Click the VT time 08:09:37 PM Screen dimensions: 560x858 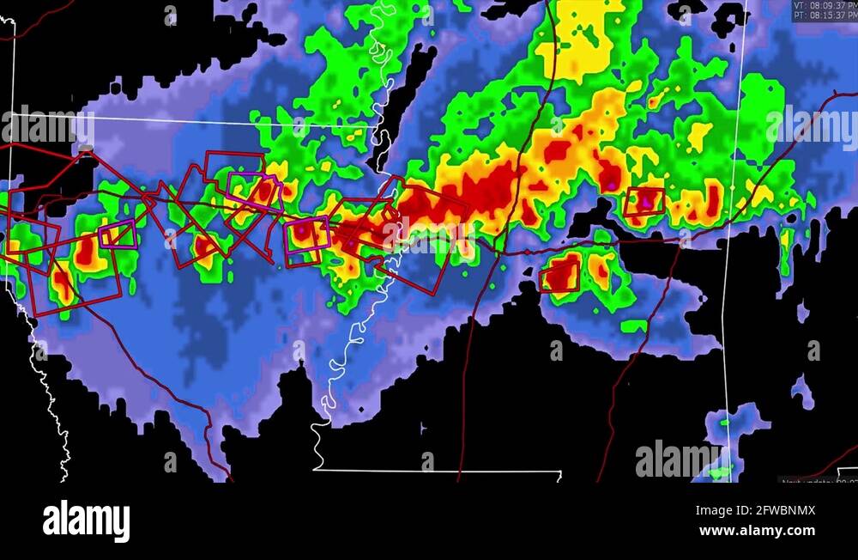[825, 5]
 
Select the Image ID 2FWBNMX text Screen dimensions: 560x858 [756, 510]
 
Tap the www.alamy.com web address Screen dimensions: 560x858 [758, 531]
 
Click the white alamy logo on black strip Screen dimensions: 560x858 [86, 521]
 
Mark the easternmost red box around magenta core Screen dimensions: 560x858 [643, 201]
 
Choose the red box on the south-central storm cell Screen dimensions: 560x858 [559, 277]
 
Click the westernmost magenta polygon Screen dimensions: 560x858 [118, 234]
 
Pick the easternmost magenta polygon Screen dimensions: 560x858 [306, 234]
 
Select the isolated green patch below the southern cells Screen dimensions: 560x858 [634, 326]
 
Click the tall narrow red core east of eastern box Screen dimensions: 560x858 [712, 200]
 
